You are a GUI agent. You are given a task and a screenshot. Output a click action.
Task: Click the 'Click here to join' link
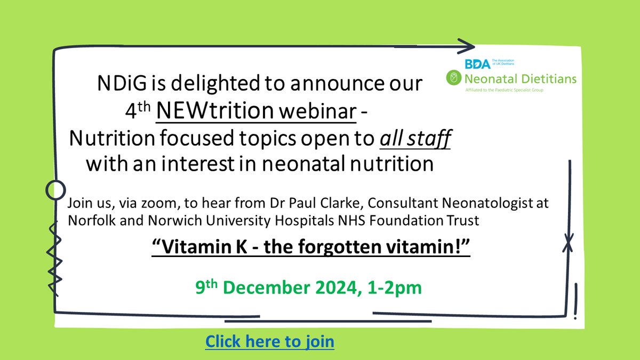270,341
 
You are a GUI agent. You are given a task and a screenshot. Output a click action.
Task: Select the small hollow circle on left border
54,189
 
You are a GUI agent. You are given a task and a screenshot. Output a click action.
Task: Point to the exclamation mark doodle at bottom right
575,301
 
